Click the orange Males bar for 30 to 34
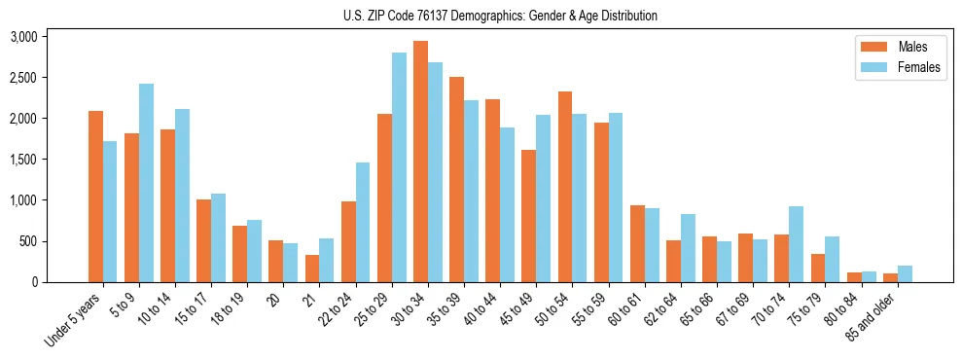(x=420, y=162)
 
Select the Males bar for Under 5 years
(x=95, y=197)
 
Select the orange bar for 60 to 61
(x=637, y=243)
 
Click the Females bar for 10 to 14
(x=182, y=196)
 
